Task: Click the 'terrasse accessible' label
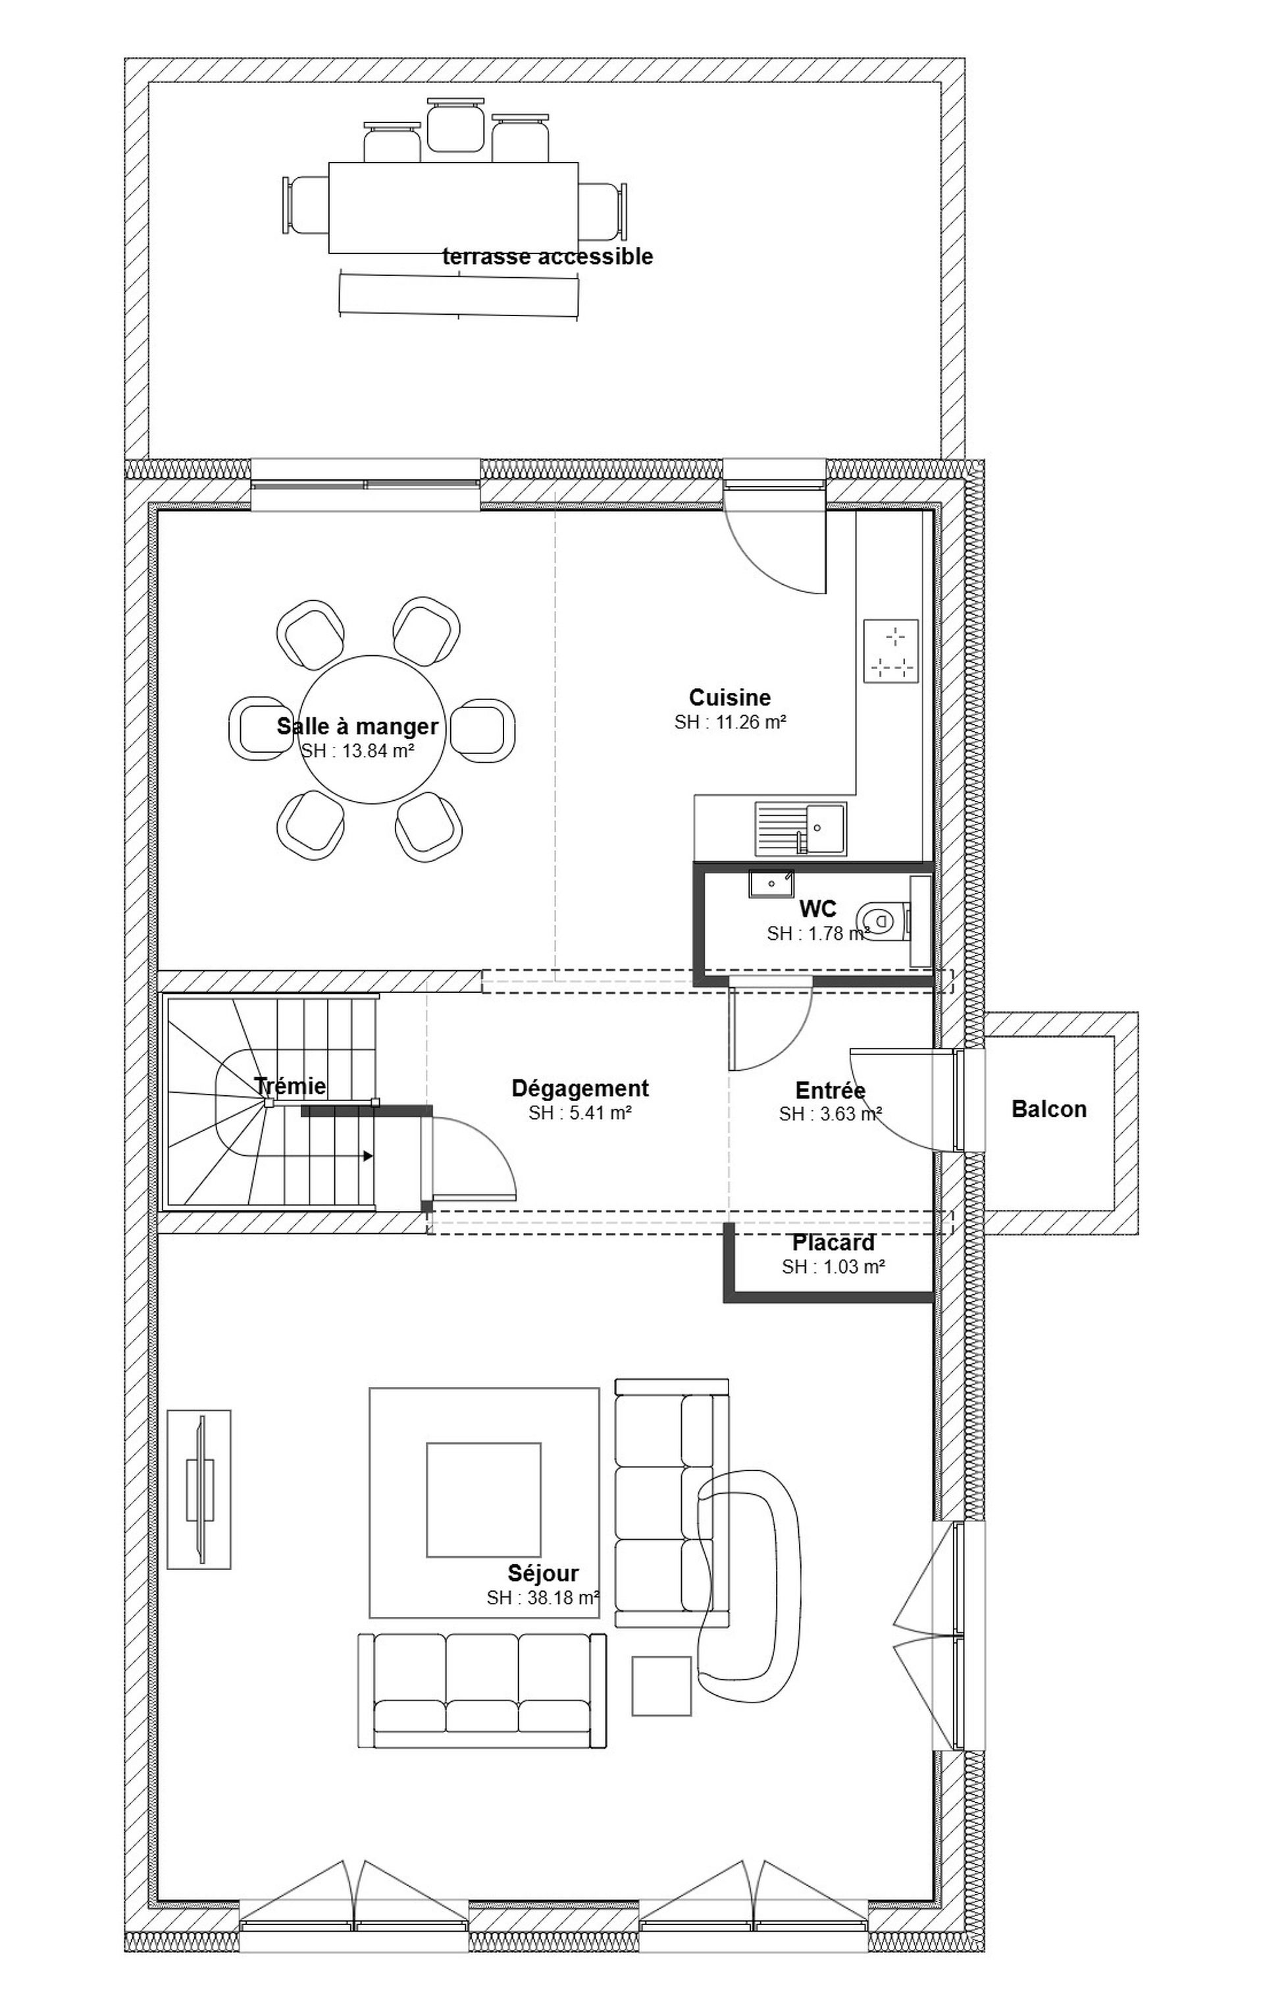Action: [x=547, y=256]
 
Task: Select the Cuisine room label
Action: [x=729, y=697]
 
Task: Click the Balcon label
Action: [x=1048, y=1108]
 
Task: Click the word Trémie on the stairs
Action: [x=290, y=1086]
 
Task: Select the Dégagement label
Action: [x=580, y=1089]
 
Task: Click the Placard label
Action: [x=833, y=1243]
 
